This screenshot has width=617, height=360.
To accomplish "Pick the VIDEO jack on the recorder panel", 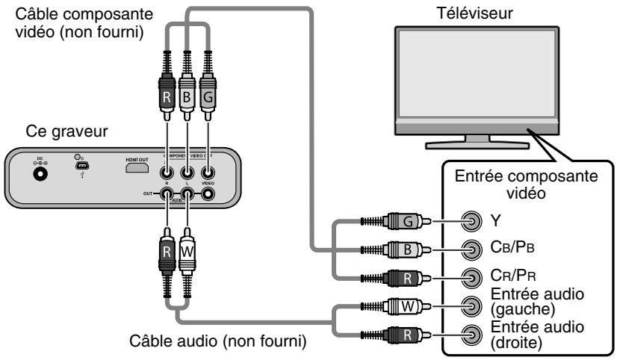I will coord(208,193).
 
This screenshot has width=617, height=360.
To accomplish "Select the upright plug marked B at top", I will coord(187,97).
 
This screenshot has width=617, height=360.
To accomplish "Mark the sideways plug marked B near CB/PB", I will coord(414,249).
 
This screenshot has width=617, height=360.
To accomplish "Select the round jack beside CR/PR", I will coord(471,277).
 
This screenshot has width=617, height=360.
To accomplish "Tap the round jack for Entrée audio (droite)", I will coord(471,332).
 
